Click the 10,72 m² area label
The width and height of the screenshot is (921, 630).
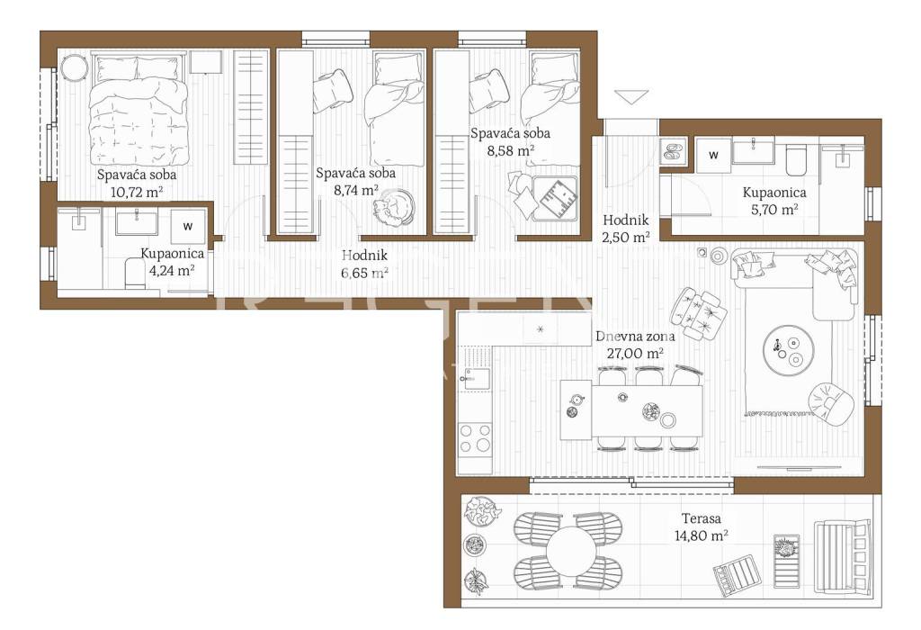point(137,192)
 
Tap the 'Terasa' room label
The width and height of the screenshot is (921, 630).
point(702,519)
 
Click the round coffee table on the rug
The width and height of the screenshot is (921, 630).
point(788,349)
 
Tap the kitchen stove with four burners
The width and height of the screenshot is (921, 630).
point(475,438)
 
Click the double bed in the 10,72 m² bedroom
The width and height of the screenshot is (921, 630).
point(139,109)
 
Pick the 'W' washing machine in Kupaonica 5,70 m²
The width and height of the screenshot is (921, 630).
point(713,155)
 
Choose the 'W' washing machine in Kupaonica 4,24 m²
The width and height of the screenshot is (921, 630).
point(188,226)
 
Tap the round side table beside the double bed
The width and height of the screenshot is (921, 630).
point(76,69)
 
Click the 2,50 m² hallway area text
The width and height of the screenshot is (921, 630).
point(626,238)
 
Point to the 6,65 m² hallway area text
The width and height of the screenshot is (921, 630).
point(364,273)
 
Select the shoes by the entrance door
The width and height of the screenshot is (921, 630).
point(671,151)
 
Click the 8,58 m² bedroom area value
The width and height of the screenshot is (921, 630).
point(511,150)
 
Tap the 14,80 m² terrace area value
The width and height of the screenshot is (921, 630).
point(702,536)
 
